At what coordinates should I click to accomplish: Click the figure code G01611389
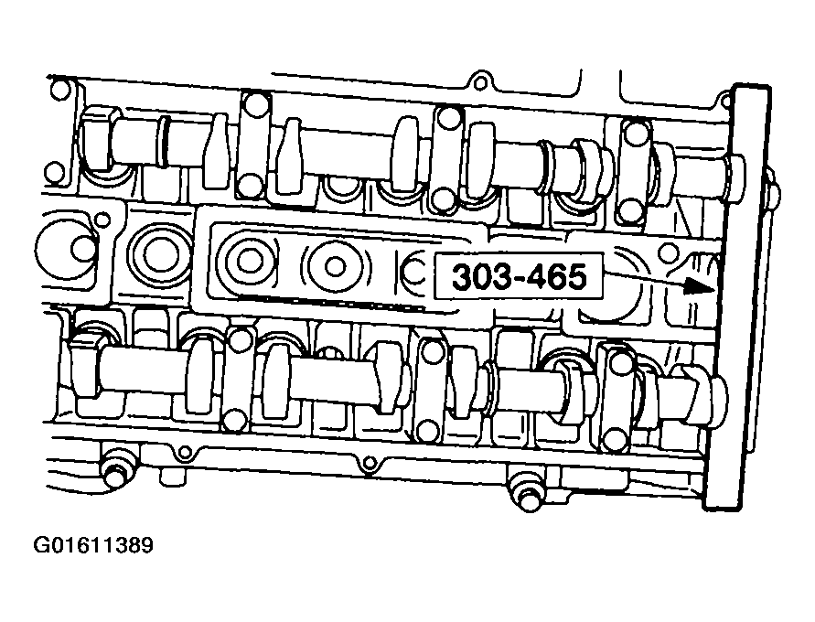click(x=93, y=547)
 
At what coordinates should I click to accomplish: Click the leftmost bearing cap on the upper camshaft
click(x=253, y=145)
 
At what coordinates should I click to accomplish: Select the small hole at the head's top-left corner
click(x=60, y=90)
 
